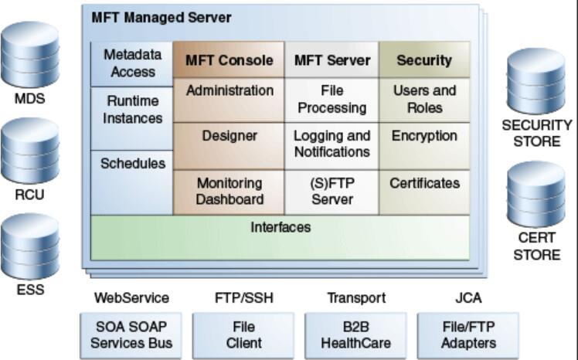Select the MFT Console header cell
tap(229, 60)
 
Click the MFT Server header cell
tap(331, 60)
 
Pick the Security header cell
tap(424, 60)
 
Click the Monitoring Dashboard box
tap(229, 192)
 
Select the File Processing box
tap(331, 99)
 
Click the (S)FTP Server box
tap(331, 192)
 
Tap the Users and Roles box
tap(424, 99)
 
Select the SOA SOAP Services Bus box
tap(131, 335)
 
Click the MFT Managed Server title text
tap(161, 18)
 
